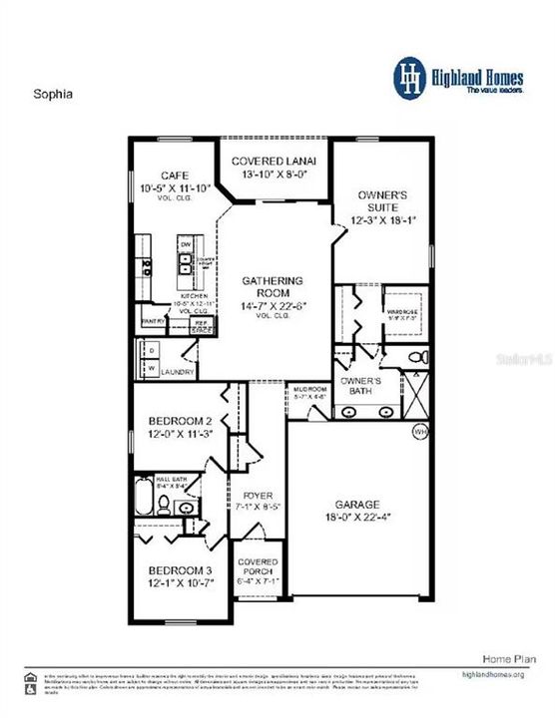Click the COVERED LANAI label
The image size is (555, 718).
pyautogui.click(x=275, y=162)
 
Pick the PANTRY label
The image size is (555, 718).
pyautogui.click(x=153, y=322)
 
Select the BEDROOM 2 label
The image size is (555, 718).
pyautogui.click(x=172, y=420)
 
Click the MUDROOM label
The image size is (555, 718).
pyautogui.click(x=308, y=389)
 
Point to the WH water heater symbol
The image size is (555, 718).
pyautogui.click(x=420, y=432)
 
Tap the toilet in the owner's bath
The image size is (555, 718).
pyautogui.click(x=420, y=357)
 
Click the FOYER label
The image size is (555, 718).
pyautogui.click(x=258, y=496)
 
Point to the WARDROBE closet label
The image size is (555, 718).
pyautogui.click(x=404, y=310)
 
